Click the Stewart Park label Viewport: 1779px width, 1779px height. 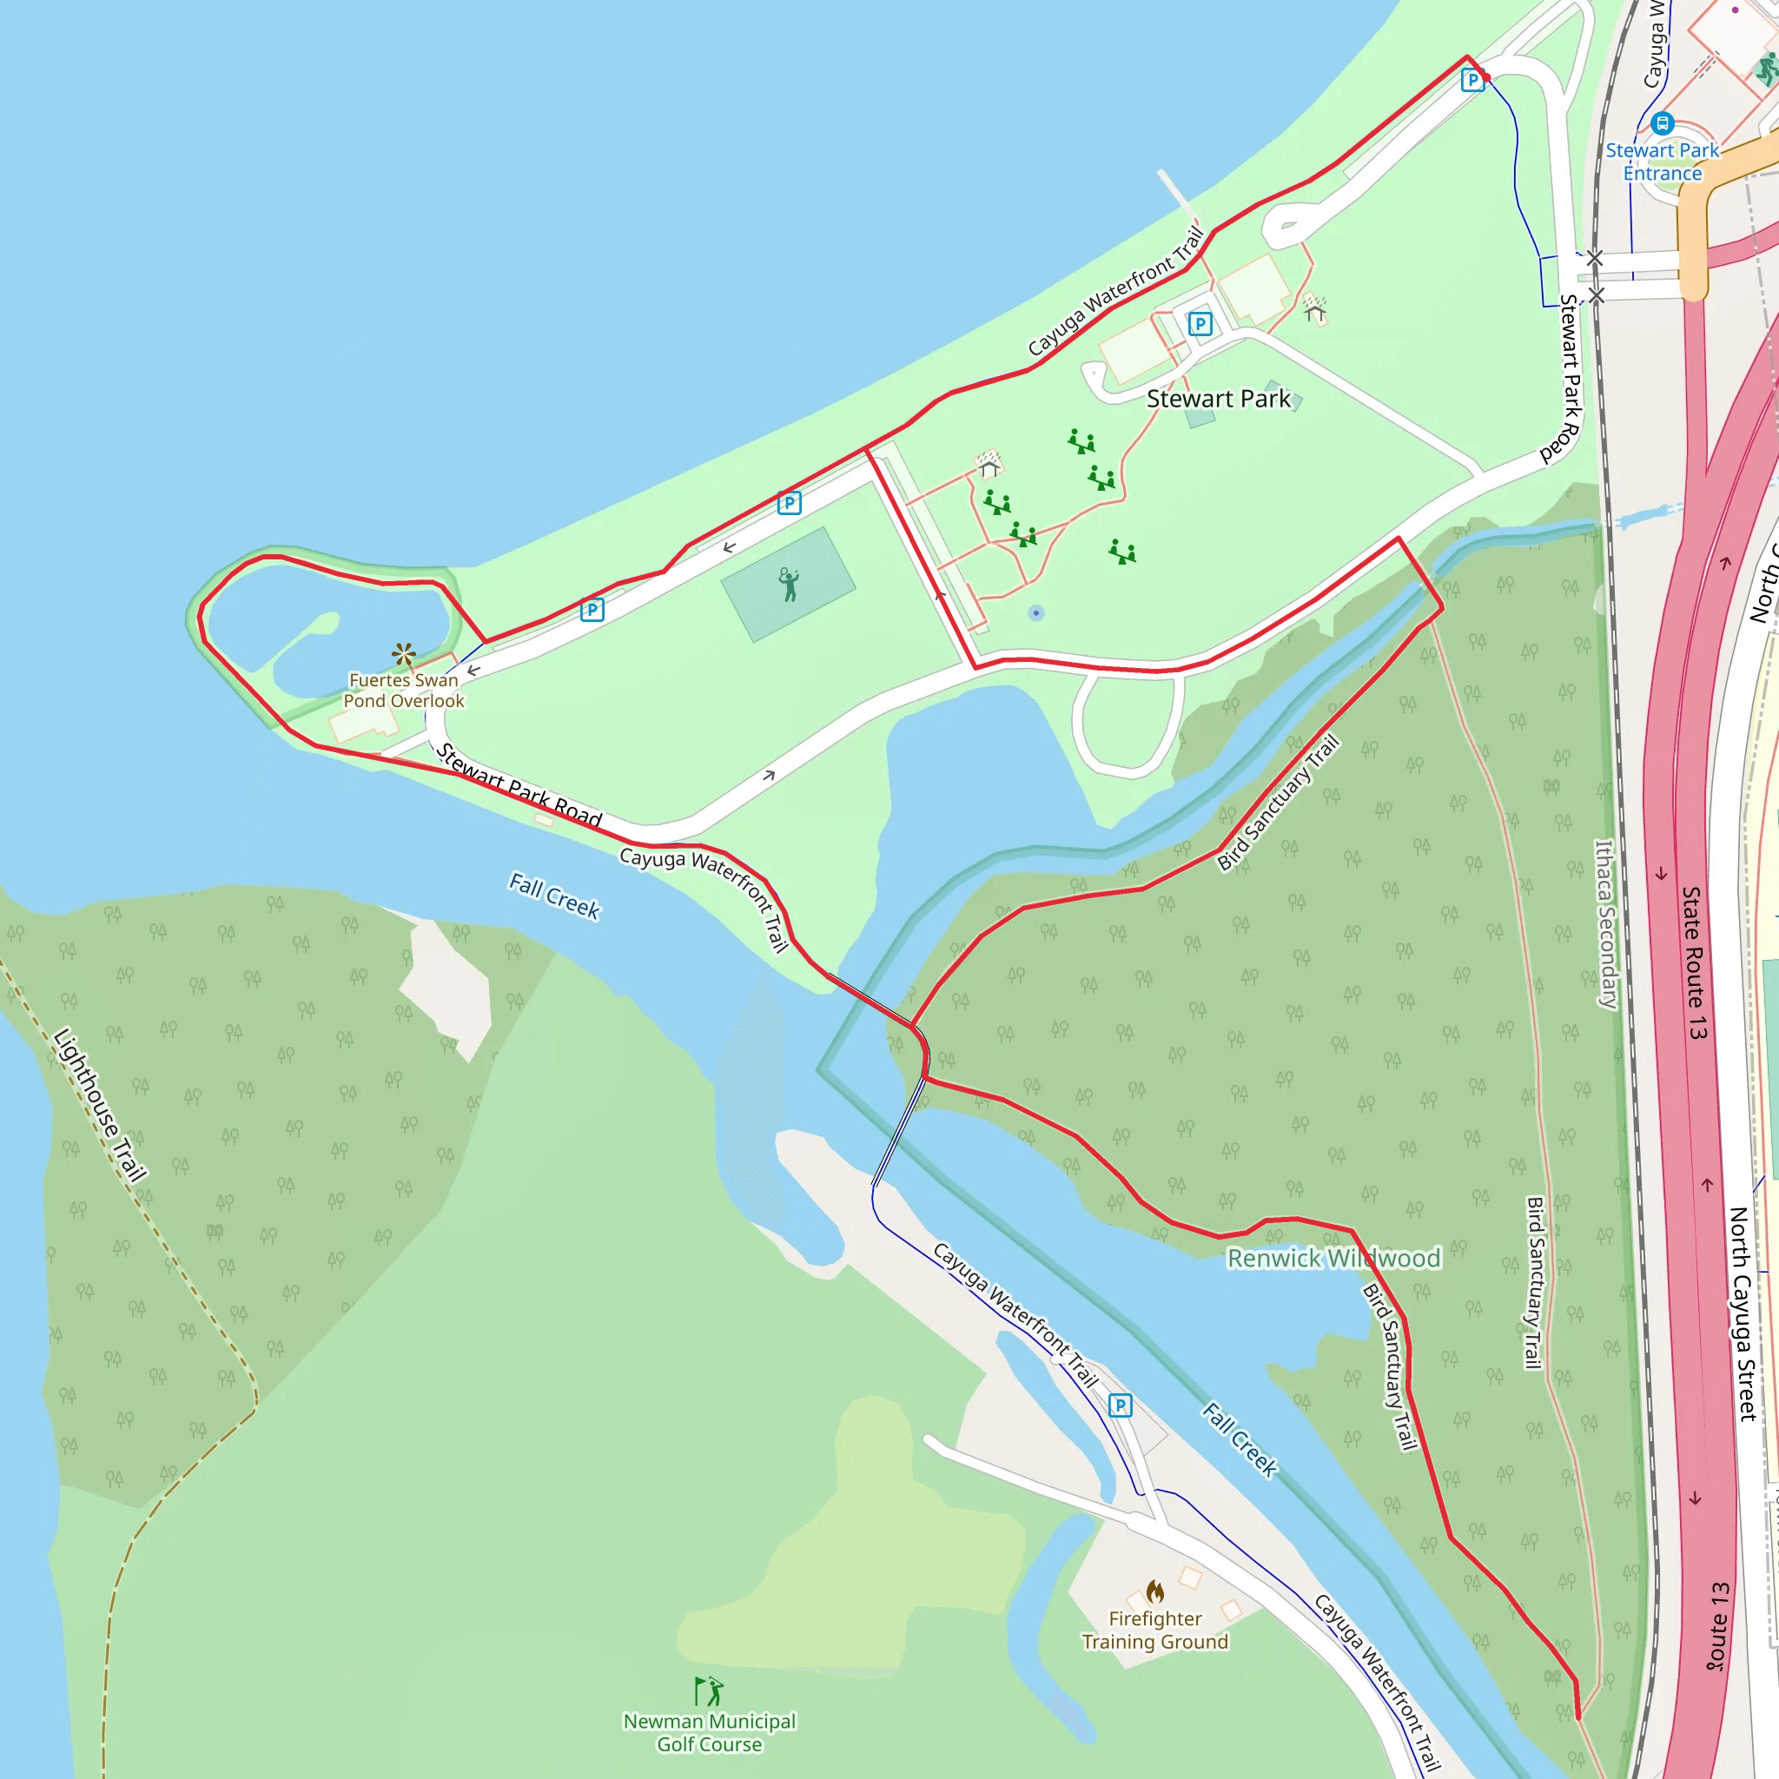click(x=1218, y=399)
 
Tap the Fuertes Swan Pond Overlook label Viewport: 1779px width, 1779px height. click(x=403, y=691)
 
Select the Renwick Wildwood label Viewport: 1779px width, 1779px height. click(x=1333, y=1258)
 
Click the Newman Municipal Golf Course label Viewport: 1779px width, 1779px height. click(x=709, y=1732)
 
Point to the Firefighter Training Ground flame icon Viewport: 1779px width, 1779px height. click(x=1154, y=1591)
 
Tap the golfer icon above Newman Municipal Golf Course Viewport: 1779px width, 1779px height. click(x=709, y=1690)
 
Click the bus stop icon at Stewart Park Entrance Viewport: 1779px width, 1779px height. click(x=1662, y=122)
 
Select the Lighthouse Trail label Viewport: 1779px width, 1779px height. click(x=101, y=1104)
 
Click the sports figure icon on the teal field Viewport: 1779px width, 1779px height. click(x=788, y=585)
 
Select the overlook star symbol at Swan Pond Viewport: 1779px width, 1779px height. click(x=403, y=655)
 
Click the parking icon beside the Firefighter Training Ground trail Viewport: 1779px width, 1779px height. click(x=1120, y=1405)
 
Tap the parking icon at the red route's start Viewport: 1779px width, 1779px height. click(x=1472, y=80)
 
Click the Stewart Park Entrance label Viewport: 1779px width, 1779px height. click(x=1662, y=162)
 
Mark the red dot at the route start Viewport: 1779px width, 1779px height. click(x=1486, y=77)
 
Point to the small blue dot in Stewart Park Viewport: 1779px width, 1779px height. click(x=1036, y=612)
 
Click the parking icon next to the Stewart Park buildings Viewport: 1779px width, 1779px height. click(x=1200, y=323)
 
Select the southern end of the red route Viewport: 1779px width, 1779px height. click(x=1578, y=1717)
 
